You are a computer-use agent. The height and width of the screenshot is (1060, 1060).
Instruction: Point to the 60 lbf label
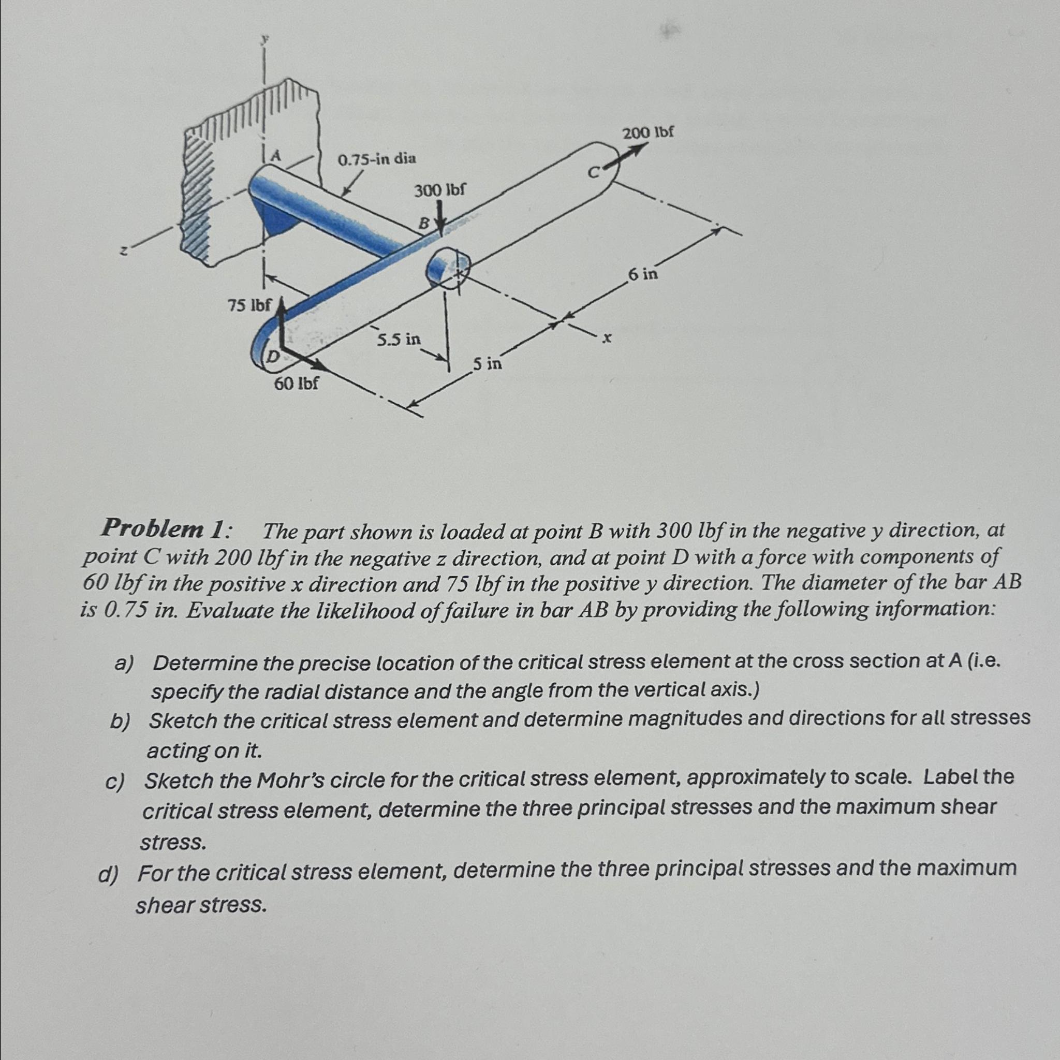point(296,383)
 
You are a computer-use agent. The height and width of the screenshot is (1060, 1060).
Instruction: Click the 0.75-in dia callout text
point(377,159)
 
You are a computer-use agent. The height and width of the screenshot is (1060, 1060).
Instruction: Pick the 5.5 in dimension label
point(399,340)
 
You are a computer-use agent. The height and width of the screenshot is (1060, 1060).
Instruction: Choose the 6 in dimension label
point(642,273)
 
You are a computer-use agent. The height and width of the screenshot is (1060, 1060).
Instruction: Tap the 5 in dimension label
point(487,363)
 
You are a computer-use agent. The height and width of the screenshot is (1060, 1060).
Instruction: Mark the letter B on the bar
point(423,223)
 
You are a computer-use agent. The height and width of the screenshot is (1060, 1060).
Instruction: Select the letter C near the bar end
point(593,173)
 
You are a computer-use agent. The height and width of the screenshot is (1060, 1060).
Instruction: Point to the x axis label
point(606,340)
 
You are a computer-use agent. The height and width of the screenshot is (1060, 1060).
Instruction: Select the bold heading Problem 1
point(164,529)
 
